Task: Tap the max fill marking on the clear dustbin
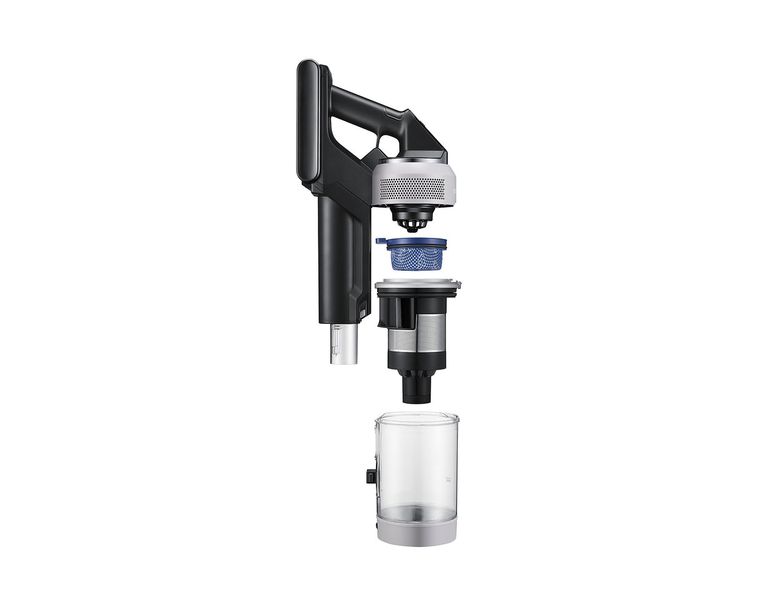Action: (x=446, y=479)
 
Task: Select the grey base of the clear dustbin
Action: (x=416, y=529)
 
